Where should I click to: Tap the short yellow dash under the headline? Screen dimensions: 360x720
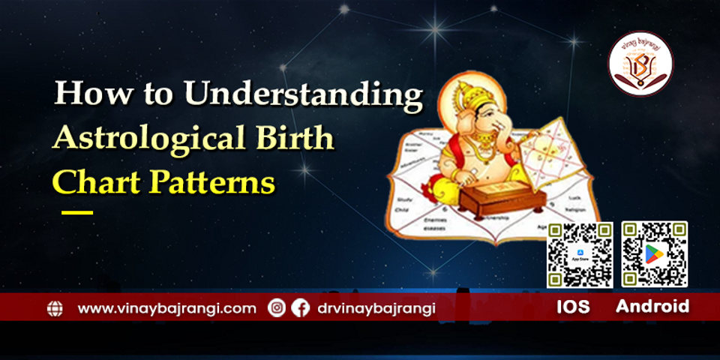tap(76, 213)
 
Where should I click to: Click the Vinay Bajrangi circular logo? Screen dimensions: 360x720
tap(640, 63)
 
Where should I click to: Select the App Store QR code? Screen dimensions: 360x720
tap(580, 255)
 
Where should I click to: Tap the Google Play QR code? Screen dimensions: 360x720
tap(654, 255)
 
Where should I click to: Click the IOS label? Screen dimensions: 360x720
tap(573, 307)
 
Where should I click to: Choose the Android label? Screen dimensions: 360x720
tap(652, 307)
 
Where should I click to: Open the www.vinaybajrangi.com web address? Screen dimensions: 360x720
tap(166, 307)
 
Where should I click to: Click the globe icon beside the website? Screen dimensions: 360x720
tap(55, 308)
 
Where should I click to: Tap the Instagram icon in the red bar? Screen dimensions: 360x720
tap(277, 307)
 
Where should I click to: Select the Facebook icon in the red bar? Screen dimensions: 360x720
tap(300, 307)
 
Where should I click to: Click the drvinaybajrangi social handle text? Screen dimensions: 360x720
tap(376, 307)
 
